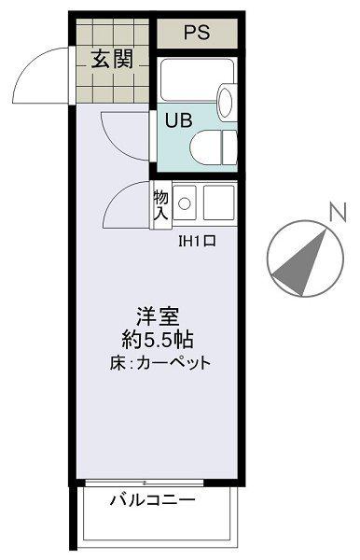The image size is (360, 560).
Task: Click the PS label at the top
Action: pos(196,33)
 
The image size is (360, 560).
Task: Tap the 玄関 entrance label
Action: pos(111,60)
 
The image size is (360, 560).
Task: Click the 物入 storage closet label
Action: pos(159,205)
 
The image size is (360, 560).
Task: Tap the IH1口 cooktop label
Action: pos(197,241)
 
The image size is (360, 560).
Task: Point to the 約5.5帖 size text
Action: pos(156,339)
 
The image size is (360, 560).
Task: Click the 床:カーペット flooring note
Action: pos(159,362)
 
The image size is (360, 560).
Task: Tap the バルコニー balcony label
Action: pos(153,500)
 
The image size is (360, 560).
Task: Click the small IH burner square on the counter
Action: pos(184,202)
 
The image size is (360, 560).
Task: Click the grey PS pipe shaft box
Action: pos(196,33)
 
